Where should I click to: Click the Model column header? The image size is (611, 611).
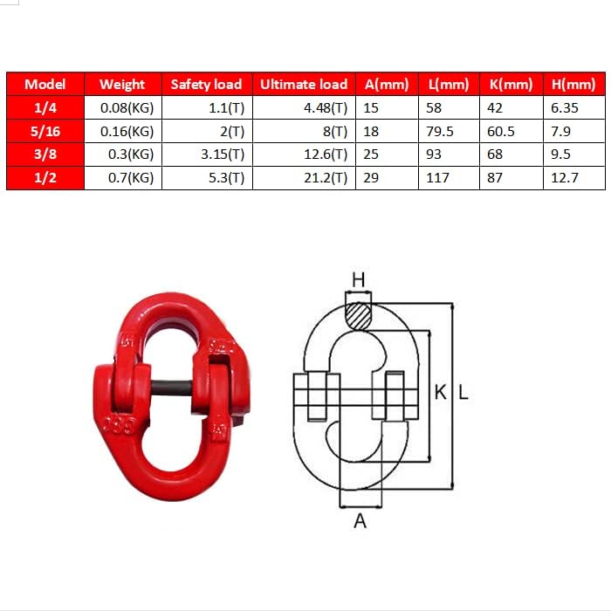coord(45,85)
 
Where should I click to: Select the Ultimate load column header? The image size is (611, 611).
coord(304,85)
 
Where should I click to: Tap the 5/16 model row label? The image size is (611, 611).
coord(45,132)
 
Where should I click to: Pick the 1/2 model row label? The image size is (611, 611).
coord(45,178)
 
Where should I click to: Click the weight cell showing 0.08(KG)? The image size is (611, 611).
coord(127,108)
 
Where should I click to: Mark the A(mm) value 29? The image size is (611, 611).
coord(372,178)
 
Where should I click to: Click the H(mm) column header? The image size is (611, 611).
coord(573,85)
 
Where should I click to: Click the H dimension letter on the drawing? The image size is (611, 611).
coord(358,279)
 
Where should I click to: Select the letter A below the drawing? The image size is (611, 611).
coord(360,521)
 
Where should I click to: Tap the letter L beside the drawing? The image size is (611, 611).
coord(463,393)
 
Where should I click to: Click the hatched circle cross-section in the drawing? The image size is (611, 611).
coord(358,314)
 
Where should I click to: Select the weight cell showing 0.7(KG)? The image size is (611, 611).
coord(127,178)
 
